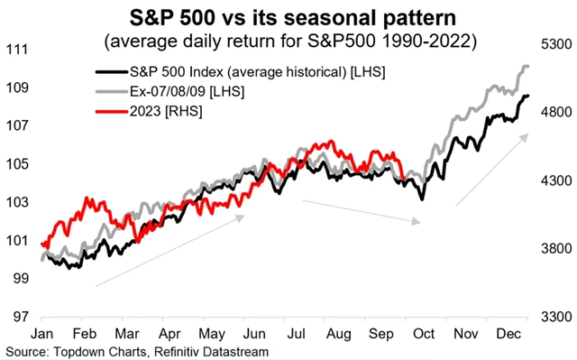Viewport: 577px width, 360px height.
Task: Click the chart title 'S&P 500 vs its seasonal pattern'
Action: coord(288,17)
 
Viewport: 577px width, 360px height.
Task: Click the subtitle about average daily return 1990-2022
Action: coord(288,42)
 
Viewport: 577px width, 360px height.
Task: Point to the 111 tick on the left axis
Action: coord(17,50)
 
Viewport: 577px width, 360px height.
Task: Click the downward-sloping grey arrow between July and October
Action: coord(361,211)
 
